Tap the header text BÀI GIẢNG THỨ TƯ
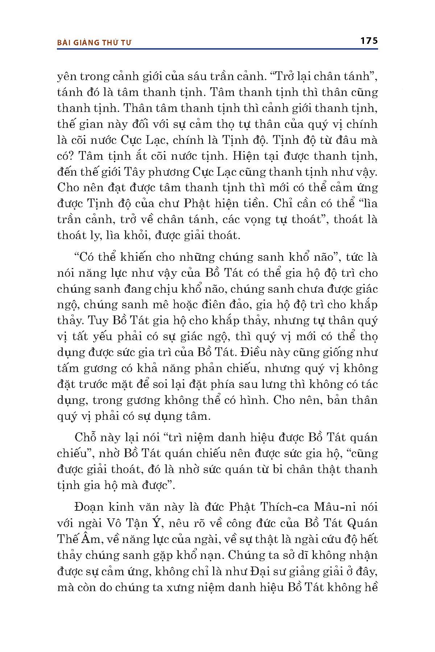(x=94, y=42)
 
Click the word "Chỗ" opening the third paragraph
(x=86, y=437)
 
